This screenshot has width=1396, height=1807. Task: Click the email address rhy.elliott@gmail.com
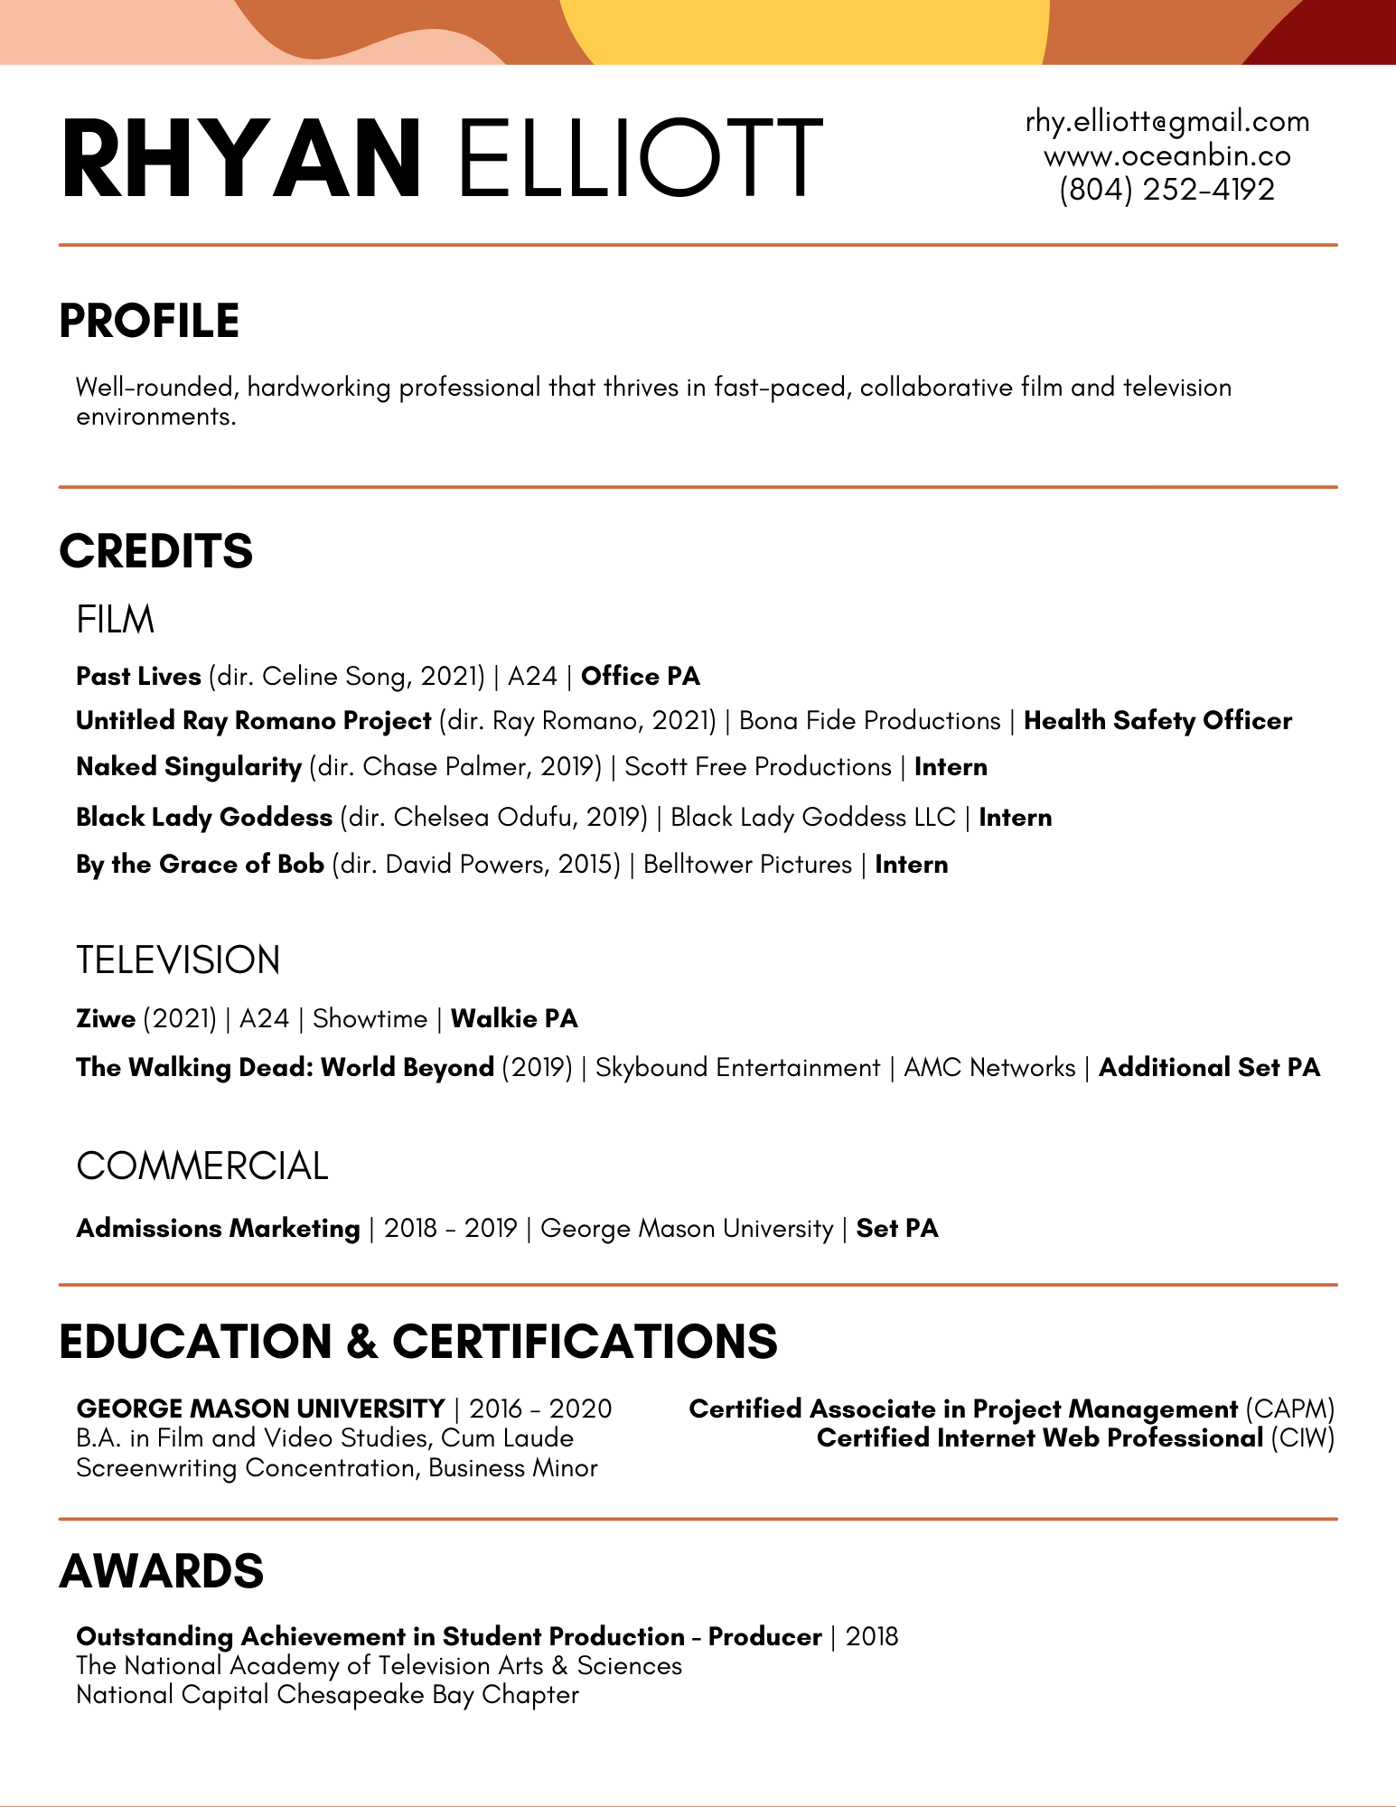(x=1166, y=122)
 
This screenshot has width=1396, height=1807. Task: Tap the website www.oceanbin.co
(x=1166, y=156)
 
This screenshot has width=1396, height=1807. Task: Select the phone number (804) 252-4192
(x=1166, y=190)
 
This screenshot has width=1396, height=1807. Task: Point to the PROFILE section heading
(x=149, y=321)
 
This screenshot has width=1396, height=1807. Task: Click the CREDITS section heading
(x=155, y=551)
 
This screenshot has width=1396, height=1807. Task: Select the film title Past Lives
(x=138, y=676)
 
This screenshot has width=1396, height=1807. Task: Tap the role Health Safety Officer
(x=1157, y=720)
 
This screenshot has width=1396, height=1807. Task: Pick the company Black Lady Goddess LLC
(x=812, y=817)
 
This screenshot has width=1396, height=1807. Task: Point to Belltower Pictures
(x=747, y=864)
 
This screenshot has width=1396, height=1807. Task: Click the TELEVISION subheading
(x=178, y=960)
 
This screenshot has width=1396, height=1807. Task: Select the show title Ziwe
(x=106, y=1018)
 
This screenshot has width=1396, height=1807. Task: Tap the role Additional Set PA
(x=1209, y=1067)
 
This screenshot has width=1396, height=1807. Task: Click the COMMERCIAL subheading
(x=201, y=1166)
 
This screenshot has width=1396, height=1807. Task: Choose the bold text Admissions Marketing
(x=218, y=1228)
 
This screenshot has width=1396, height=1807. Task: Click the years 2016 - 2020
(x=540, y=1409)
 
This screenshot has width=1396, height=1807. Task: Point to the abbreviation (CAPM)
(x=1289, y=1409)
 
